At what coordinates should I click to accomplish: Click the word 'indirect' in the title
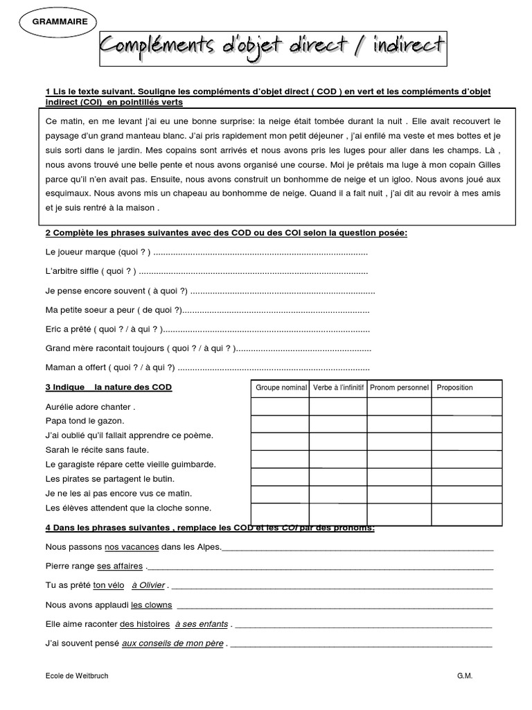coord(401,46)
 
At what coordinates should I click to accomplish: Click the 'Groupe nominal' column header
coord(281,388)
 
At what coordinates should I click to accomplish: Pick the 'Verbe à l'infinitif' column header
coord(338,388)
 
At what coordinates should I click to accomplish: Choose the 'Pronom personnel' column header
coord(399,388)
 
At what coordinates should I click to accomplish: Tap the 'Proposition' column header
coord(455,388)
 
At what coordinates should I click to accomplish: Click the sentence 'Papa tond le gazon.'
coord(85,421)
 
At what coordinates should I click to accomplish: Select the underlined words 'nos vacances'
coord(132,547)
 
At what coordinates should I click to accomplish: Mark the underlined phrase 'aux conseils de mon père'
coord(172,643)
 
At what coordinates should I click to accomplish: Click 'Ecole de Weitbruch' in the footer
coord(76,675)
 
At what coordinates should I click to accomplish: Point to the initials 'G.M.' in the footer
coord(464,675)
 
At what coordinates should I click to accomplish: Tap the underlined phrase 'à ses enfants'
coord(202,623)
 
